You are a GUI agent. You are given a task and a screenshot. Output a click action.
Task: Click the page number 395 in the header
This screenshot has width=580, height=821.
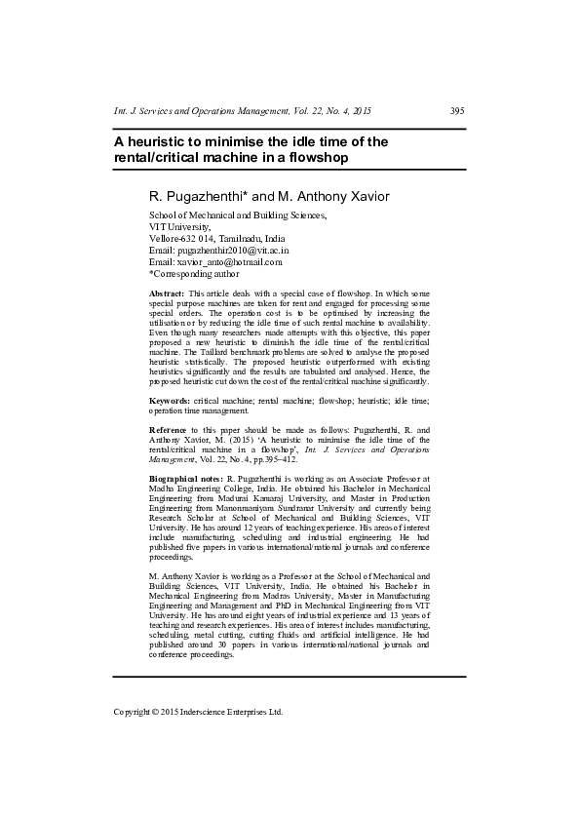(x=456, y=110)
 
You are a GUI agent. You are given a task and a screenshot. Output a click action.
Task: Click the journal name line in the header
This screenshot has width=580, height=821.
(x=243, y=110)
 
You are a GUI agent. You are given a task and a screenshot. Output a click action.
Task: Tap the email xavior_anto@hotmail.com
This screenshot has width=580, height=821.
(x=229, y=261)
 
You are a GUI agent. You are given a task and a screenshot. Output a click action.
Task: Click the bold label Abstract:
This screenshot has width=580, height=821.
(x=166, y=293)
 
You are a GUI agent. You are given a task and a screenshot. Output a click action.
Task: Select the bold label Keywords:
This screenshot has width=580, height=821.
(x=169, y=401)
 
